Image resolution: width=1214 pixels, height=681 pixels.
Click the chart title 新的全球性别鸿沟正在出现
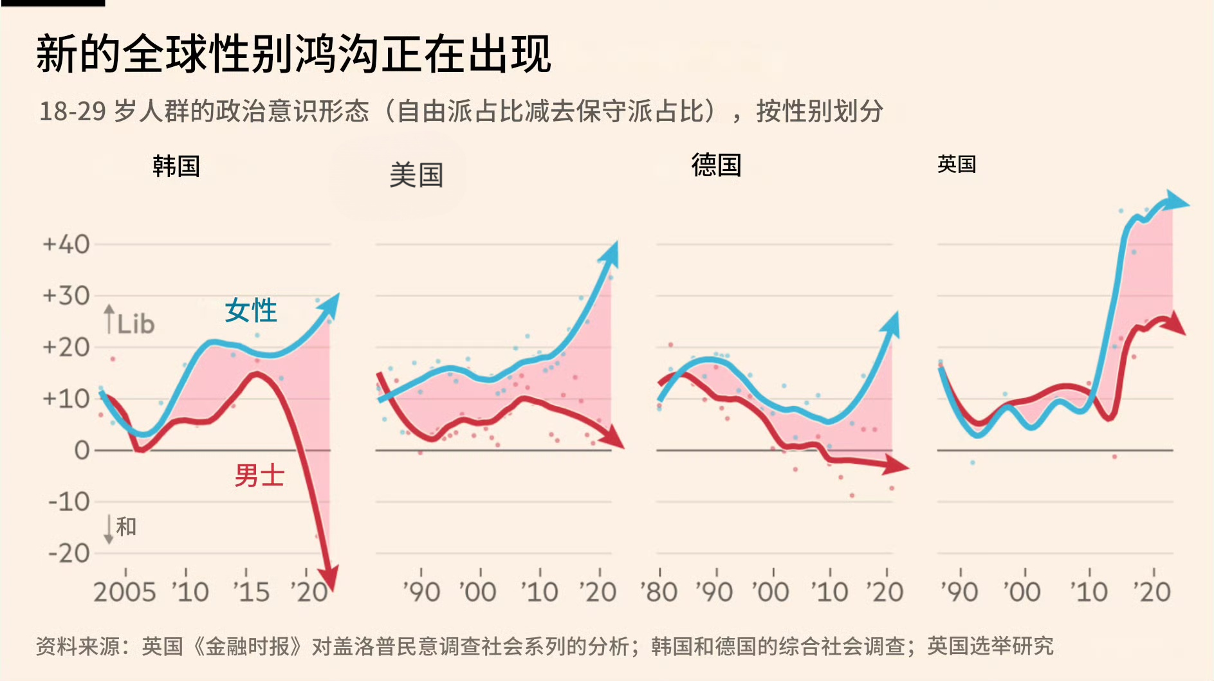coord(293,54)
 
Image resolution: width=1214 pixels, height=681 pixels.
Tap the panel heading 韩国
coord(176,167)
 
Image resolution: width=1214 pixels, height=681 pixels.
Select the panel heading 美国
coord(416,175)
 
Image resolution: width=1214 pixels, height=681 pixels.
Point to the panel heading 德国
coord(716,165)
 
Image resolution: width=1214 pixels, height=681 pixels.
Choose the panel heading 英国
coord(956,165)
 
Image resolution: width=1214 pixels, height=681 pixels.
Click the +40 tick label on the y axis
coord(66,244)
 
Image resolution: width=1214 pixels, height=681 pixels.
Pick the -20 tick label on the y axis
coord(69,553)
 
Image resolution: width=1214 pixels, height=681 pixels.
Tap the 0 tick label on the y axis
coord(82,450)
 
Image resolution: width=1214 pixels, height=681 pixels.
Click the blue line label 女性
coord(250,311)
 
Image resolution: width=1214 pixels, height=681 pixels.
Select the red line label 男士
coord(259,476)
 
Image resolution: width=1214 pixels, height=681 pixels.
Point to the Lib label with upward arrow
coord(131,322)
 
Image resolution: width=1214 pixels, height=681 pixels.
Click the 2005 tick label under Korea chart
coord(125,592)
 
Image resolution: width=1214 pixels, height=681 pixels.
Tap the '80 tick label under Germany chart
coord(659,592)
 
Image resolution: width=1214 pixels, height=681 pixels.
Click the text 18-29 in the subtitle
coord(72,111)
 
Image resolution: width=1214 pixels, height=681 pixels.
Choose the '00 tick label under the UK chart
coord(1022,592)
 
